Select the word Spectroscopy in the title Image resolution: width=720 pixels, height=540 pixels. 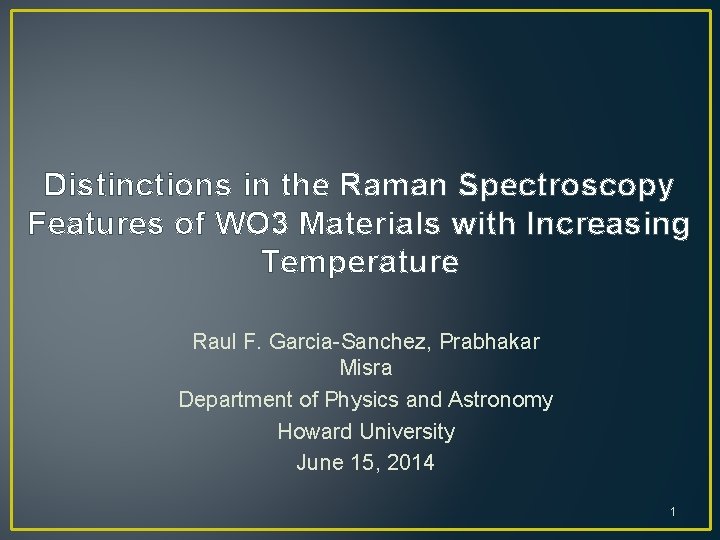coord(566,186)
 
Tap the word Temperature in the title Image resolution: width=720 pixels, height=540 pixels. coord(360,262)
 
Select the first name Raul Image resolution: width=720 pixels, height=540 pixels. coord(214,342)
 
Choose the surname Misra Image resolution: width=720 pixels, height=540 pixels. coord(365,369)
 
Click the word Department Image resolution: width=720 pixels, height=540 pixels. coord(236,400)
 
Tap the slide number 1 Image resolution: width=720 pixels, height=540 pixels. coord(673,513)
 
